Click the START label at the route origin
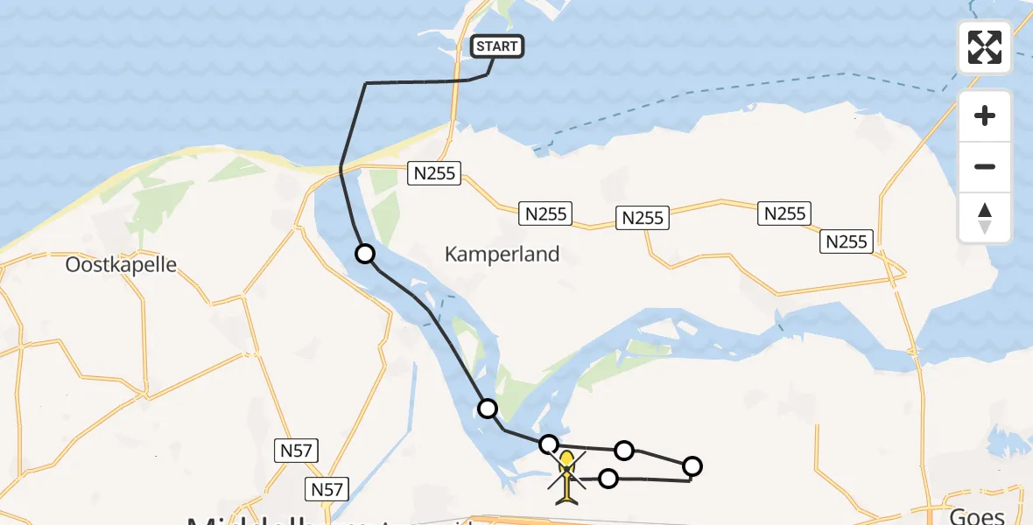(x=497, y=45)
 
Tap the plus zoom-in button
(x=985, y=115)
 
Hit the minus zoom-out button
(x=985, y=166)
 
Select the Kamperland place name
(x=502, y=255)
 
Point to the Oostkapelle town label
(x=121, y=264)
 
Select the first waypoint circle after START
(x=365, y=254)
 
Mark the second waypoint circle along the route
(x=488, y=408)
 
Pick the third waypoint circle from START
(x=548, y=444)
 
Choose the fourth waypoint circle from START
(x=624, y=451)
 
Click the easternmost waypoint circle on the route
(x=692, y=465)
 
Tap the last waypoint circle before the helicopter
(x=608, y=478)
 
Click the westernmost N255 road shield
(x=435, y=173)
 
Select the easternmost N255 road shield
(x=847, y=241)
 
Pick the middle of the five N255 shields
(x=643, y=218)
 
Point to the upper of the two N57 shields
(x=295, y=451)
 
